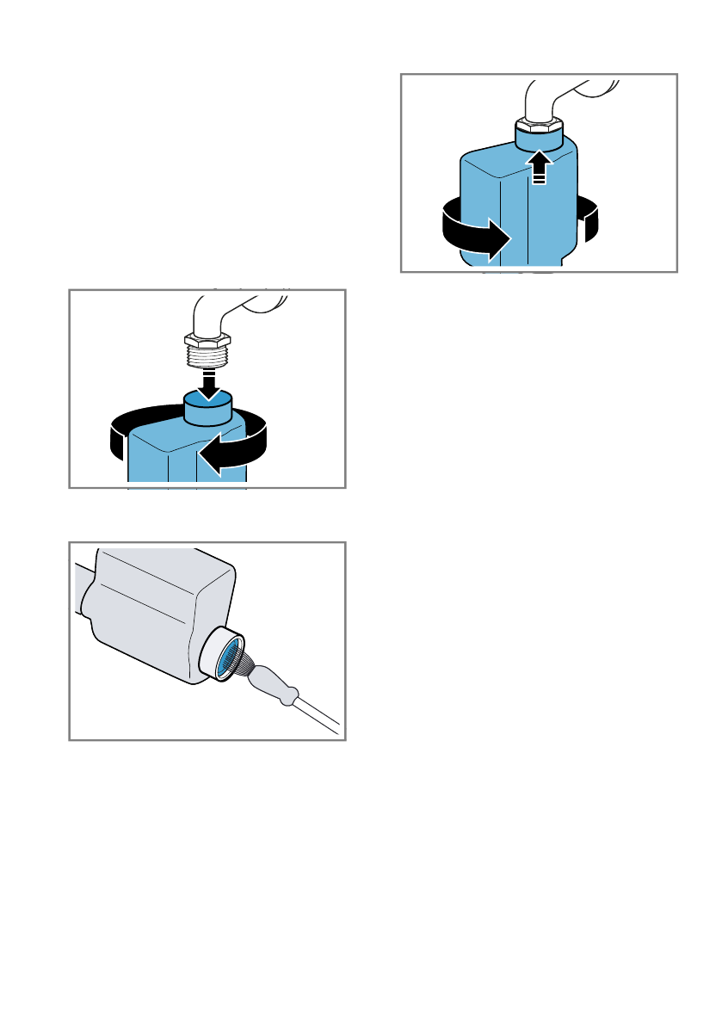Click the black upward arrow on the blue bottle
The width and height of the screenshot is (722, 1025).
click(x=539, y=165)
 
